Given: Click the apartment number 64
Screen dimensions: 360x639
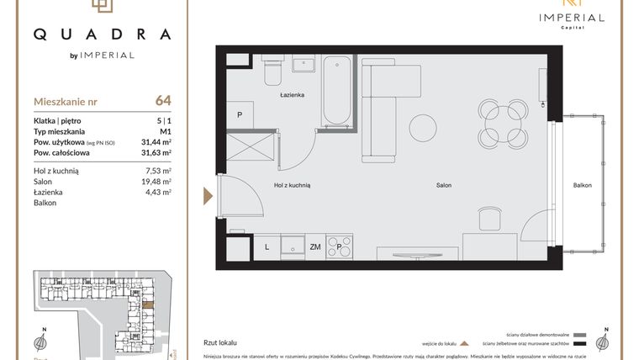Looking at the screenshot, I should point(163,101).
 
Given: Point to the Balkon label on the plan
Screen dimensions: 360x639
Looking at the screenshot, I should point(583,185).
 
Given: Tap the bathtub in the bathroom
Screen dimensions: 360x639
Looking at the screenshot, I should point(337,89).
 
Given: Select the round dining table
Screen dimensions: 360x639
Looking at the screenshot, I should point(502,123).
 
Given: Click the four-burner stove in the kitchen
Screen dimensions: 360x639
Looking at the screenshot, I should point(340,246).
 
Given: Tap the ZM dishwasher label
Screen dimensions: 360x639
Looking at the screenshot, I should point(315,246).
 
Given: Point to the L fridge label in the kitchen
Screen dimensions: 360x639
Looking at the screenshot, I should point(267,246).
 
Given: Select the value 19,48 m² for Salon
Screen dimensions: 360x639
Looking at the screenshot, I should point(156,181).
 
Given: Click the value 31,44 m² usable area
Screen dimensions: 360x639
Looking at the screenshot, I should point(156,142).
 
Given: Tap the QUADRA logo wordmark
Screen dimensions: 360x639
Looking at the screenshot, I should point(102,34).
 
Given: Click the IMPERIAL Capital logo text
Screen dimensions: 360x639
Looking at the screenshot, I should point(572,18).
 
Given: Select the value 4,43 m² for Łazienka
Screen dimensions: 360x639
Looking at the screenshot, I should point(157,192).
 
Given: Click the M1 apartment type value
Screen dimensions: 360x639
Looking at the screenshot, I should point(165,132).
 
